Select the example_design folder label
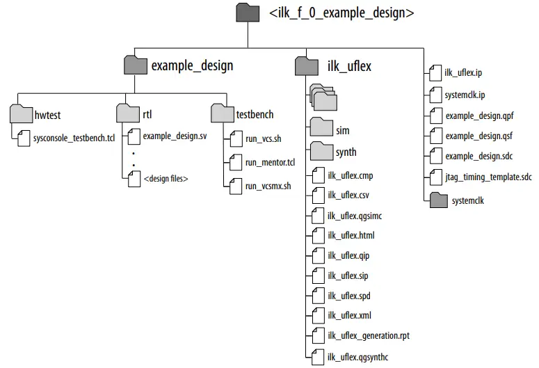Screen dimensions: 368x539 [192, 66]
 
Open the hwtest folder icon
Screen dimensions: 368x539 [22, 114]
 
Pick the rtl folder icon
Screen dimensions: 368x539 [128, 114]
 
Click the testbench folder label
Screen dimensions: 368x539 [255, 114]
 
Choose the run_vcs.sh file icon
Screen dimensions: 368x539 [235, 139]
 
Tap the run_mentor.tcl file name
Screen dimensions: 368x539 [270, 163]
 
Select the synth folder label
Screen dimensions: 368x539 [346, 152]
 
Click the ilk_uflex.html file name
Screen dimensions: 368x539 [351, 236]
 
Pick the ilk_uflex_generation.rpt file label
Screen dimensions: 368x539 [368, 336]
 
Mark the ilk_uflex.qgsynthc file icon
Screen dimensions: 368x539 [317, 357]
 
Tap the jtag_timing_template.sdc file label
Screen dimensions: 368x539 [488, 177]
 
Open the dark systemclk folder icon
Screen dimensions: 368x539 [438, 200]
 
